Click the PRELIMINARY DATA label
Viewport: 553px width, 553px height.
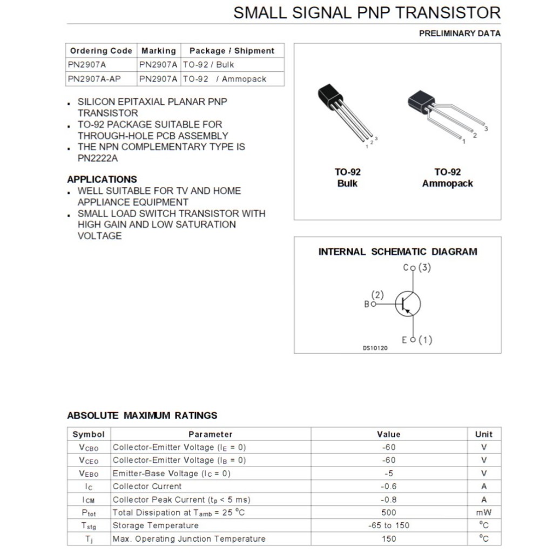460,33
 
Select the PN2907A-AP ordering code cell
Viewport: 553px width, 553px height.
95,79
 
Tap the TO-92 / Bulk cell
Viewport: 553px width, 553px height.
208,65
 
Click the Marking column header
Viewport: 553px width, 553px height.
159,51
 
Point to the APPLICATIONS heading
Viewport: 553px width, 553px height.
102,179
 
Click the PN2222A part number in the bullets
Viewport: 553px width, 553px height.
98,158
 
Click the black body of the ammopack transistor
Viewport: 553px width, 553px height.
421,100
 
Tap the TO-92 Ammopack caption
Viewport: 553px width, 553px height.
448,178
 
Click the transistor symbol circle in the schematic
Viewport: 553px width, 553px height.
408,304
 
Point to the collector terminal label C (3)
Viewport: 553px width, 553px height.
417,268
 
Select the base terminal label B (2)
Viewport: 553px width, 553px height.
374,300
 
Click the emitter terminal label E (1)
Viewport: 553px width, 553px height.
417,340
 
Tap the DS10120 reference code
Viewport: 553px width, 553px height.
375,348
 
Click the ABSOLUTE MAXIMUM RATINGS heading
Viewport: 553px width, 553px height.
142,415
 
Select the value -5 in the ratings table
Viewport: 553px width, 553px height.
388,473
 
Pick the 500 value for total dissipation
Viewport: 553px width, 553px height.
388,512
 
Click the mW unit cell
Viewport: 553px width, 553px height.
484,512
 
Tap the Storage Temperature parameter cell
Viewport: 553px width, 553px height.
156,525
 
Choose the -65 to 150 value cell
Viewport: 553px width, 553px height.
388,525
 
